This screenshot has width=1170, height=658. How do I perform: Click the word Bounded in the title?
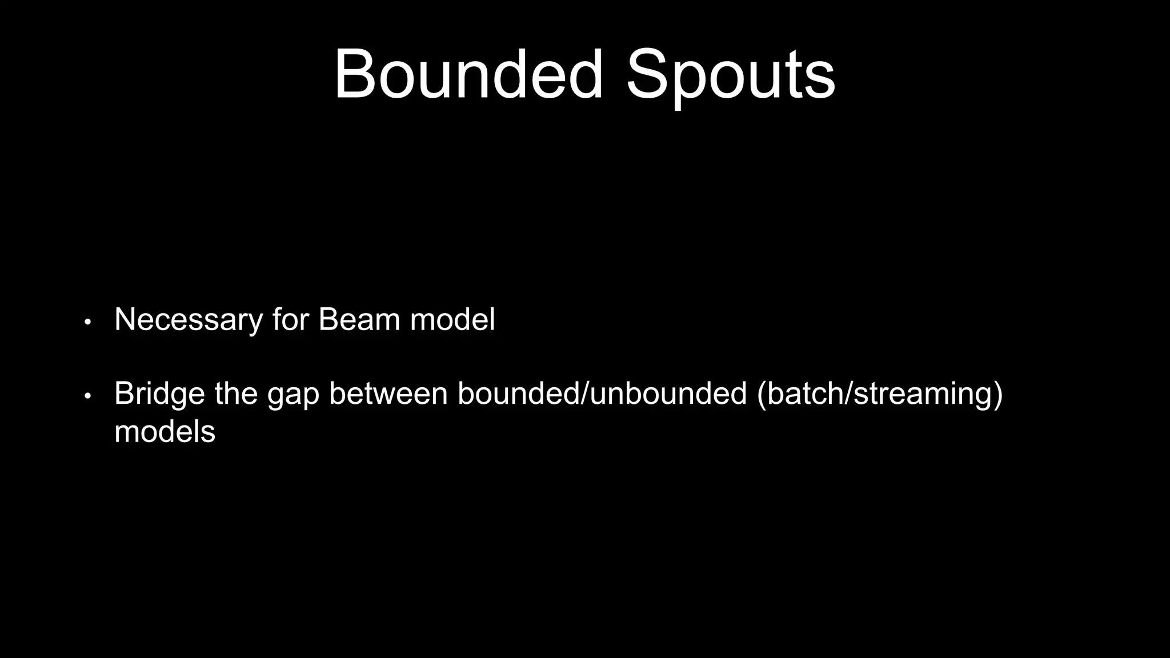click(x=468, y=75)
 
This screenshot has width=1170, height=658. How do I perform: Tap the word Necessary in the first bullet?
click(x=188, y=320)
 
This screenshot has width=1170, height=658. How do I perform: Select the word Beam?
click(x=359, y=320)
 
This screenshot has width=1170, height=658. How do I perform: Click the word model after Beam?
click(x=452, y=320)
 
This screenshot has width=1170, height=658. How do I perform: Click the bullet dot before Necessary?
click(x=87, y=322)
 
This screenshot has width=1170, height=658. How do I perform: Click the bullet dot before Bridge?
click(x=87, y=396)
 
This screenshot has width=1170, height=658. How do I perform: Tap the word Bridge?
click(x=159, y=394)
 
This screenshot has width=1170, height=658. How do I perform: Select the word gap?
click(x=292, y=395)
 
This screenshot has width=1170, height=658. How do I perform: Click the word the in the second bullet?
click(x=235, y=394)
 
